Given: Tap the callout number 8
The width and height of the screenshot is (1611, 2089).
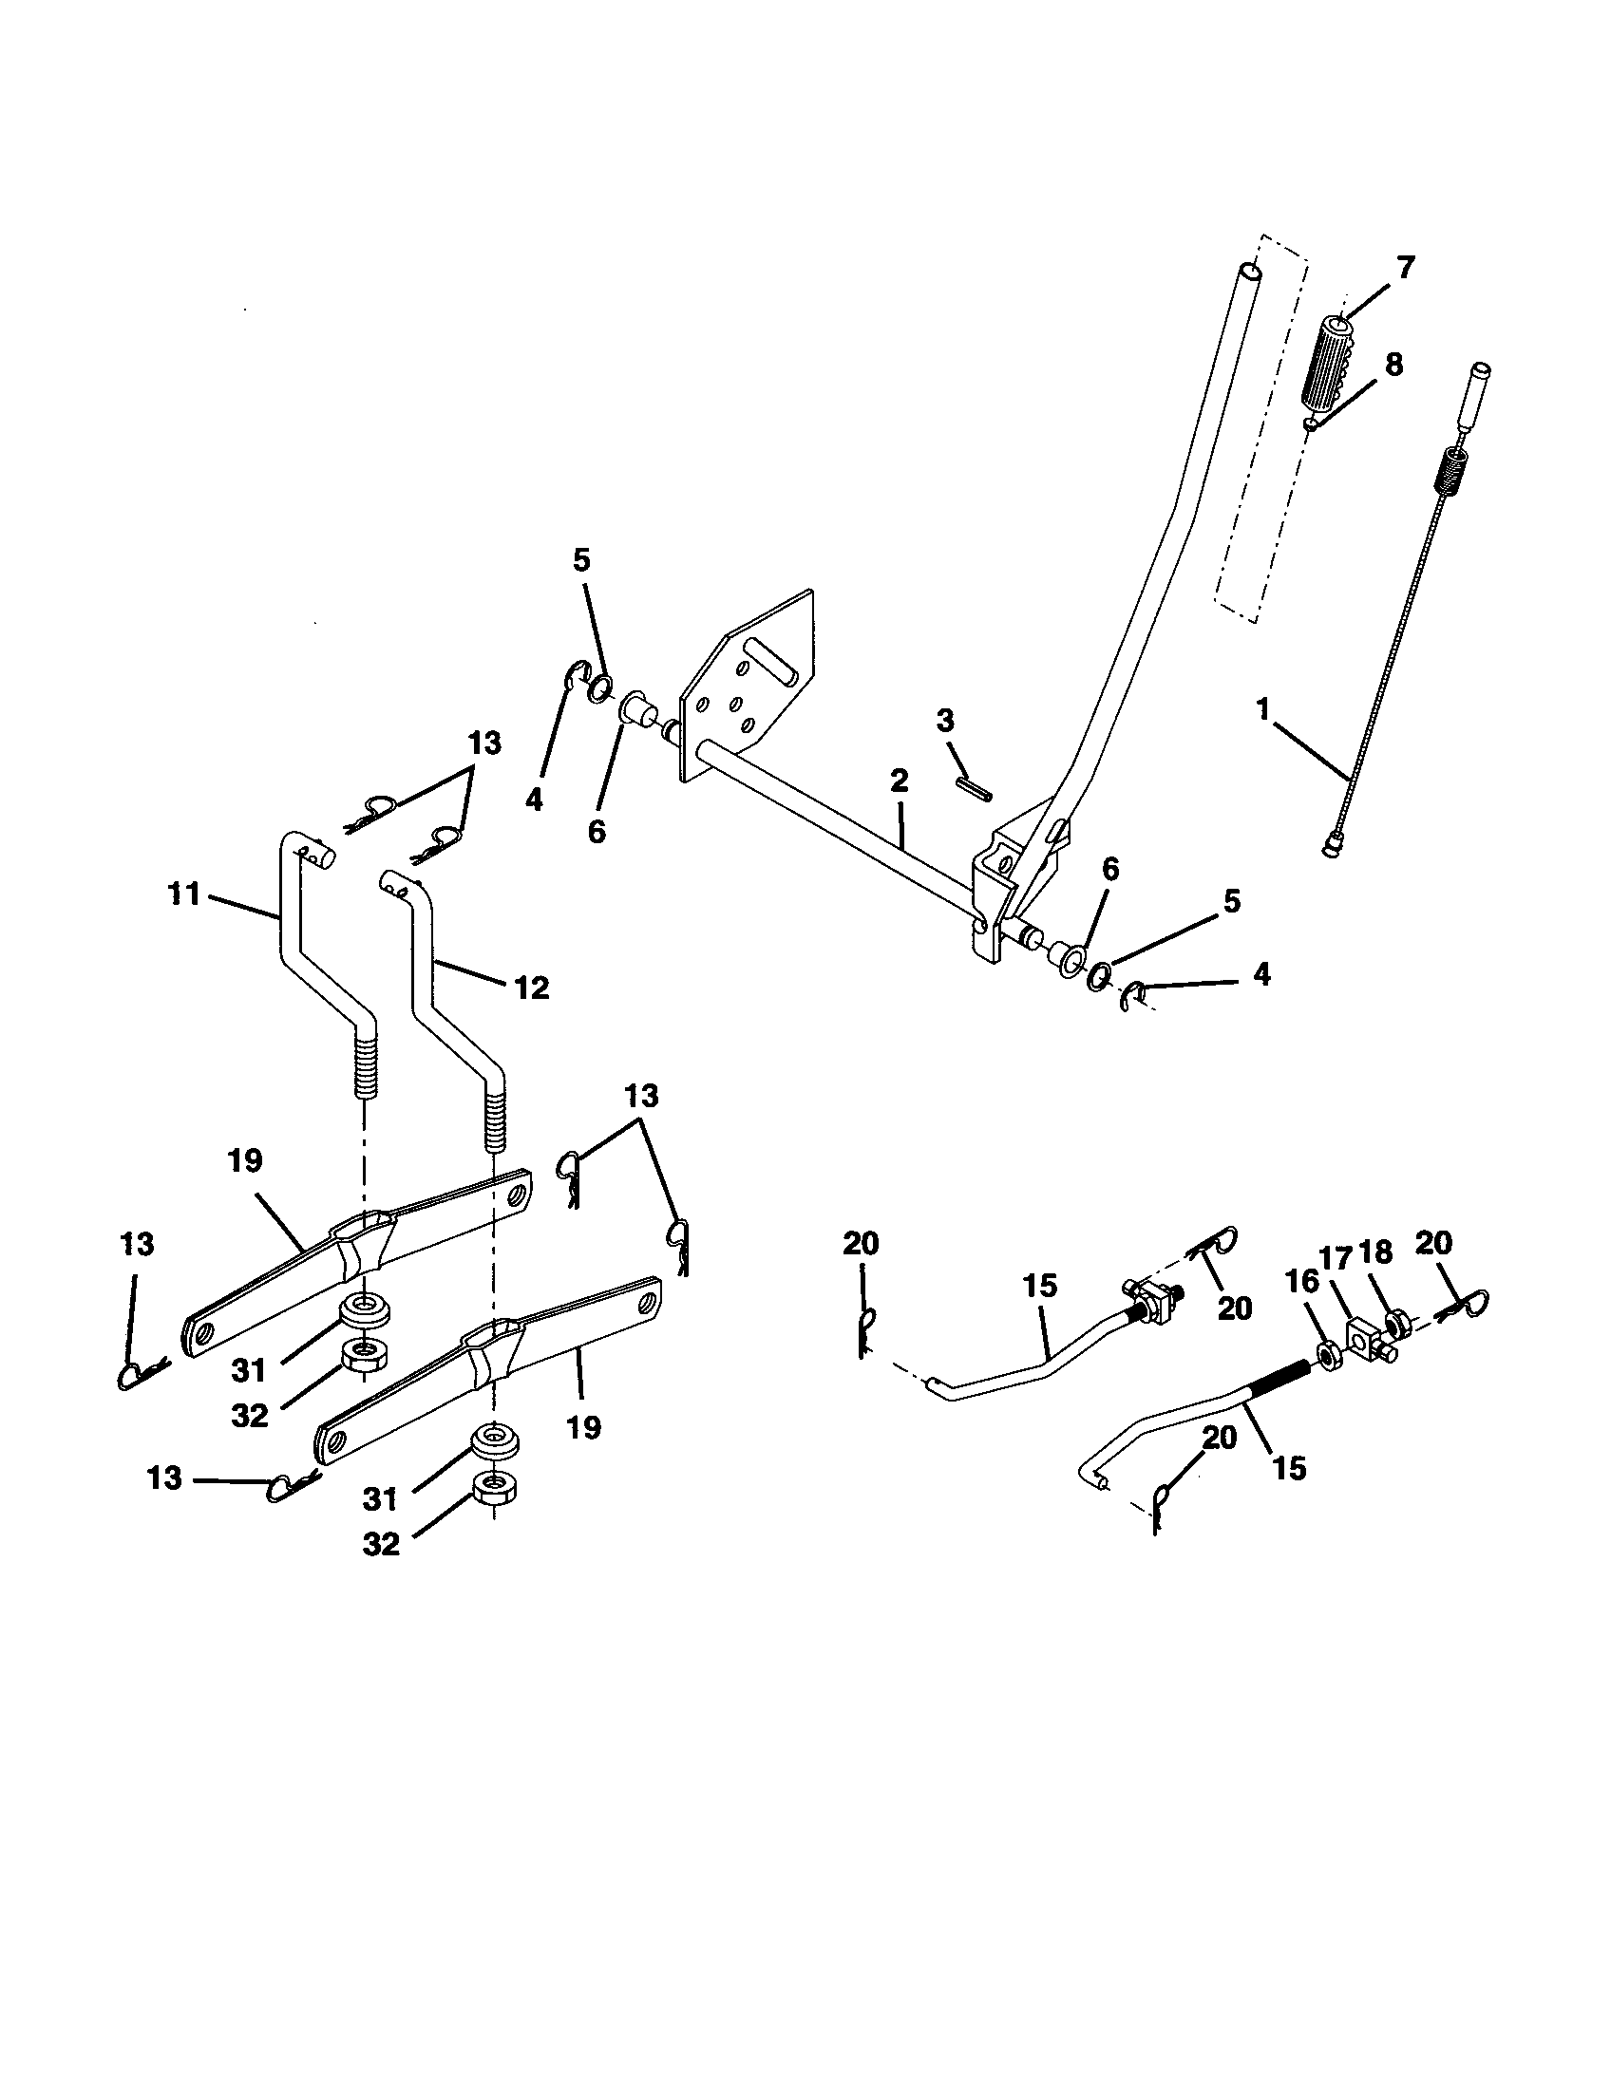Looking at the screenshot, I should point(1393,366).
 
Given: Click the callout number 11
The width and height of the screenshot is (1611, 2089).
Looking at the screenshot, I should point(181,894).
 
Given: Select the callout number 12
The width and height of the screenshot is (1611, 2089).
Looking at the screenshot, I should point(533,988).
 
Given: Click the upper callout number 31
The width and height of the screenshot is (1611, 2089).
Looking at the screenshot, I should point(248,1370).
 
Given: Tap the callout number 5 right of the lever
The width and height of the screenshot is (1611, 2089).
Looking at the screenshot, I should point(1231,901).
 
